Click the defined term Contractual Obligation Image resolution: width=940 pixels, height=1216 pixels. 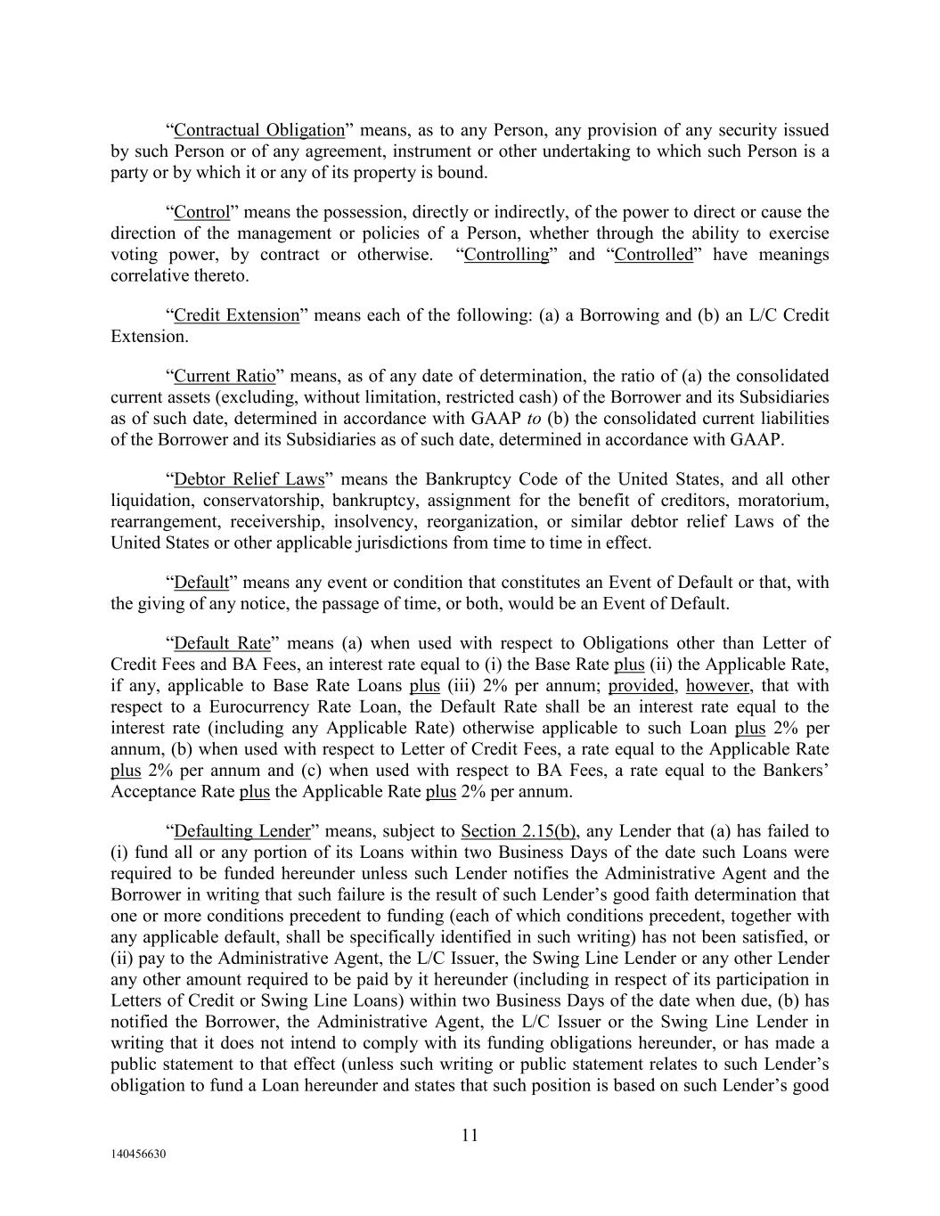click(258, 130)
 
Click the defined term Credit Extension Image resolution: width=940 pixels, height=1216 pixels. click(237, 315)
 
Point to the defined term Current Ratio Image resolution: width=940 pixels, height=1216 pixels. click(225, 376)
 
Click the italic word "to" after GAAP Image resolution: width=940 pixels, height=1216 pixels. click(529, 419)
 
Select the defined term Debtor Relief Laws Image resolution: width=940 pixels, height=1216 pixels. click(249, 479)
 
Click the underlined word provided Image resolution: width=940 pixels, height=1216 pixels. click(641, 686)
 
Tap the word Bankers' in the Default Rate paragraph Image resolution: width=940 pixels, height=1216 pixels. click(795, 771)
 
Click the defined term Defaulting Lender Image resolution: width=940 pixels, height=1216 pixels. click(242, 831)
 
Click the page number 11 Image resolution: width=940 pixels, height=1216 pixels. click(470, 1135)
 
